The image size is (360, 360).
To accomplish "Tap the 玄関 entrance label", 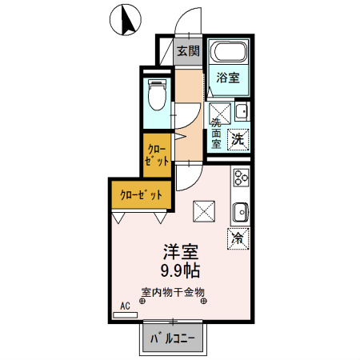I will coord(188,51).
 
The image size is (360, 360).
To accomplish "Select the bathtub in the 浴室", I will coord(228,54).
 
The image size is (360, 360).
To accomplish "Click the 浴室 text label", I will coord(228,78).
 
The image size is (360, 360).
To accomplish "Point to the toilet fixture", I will coord(158,97).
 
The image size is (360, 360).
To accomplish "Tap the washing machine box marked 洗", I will coord(238,138).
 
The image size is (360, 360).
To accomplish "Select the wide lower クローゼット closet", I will coord(141,194).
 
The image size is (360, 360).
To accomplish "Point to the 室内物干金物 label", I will coord(173,292).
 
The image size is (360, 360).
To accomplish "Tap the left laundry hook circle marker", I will coord(142,302).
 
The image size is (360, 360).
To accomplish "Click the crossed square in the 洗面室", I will coord(221,110).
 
